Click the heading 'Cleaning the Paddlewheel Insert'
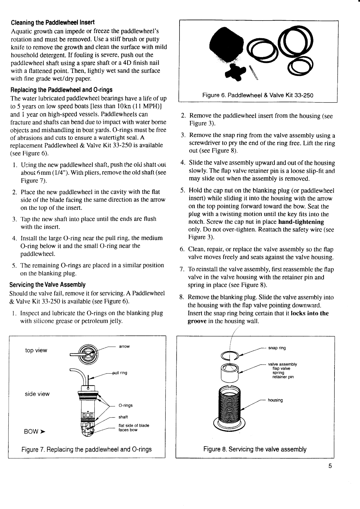tap(53, 23)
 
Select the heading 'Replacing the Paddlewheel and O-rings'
tap(61, 90)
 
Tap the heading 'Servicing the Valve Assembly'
tap(47, 285)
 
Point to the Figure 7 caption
tap(86, 449)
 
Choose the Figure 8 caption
tap(255, 449)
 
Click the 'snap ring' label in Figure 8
tap(277, 348)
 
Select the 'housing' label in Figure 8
tap(275, 400)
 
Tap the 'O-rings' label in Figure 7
tap(125, 405)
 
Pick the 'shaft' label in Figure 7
tap(123, 417)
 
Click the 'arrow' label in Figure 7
tap(124, 346)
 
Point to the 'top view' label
tap(36, 351)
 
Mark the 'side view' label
tap(37, 394)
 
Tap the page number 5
tap(330, 466)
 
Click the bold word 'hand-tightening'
tap(301, 222)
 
